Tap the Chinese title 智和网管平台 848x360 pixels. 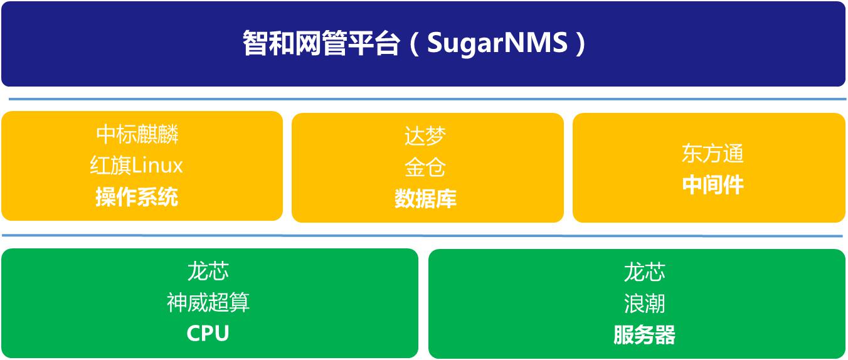[321, 43]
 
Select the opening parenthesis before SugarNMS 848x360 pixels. [415, 43]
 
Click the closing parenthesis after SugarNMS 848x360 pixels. [580, 43]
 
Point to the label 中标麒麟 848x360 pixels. [137, 134]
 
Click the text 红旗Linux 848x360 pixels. [136, 166]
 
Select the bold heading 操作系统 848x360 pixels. [137, 197]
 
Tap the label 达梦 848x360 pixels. [425, 136]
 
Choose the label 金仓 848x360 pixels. [425, 167]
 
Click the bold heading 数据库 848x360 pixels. [425, 199]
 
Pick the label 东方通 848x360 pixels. [713, 153]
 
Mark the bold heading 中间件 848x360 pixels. [713, 185]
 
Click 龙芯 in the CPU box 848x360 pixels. [208, 271]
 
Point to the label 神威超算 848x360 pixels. [208, 302]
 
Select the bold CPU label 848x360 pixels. [208, 334]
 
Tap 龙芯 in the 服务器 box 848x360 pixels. [644, 272]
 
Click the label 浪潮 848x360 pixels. [644, 304]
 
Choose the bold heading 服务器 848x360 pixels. [644, 335]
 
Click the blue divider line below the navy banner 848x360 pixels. [428, 99]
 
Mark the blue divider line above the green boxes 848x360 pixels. [422, 236]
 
